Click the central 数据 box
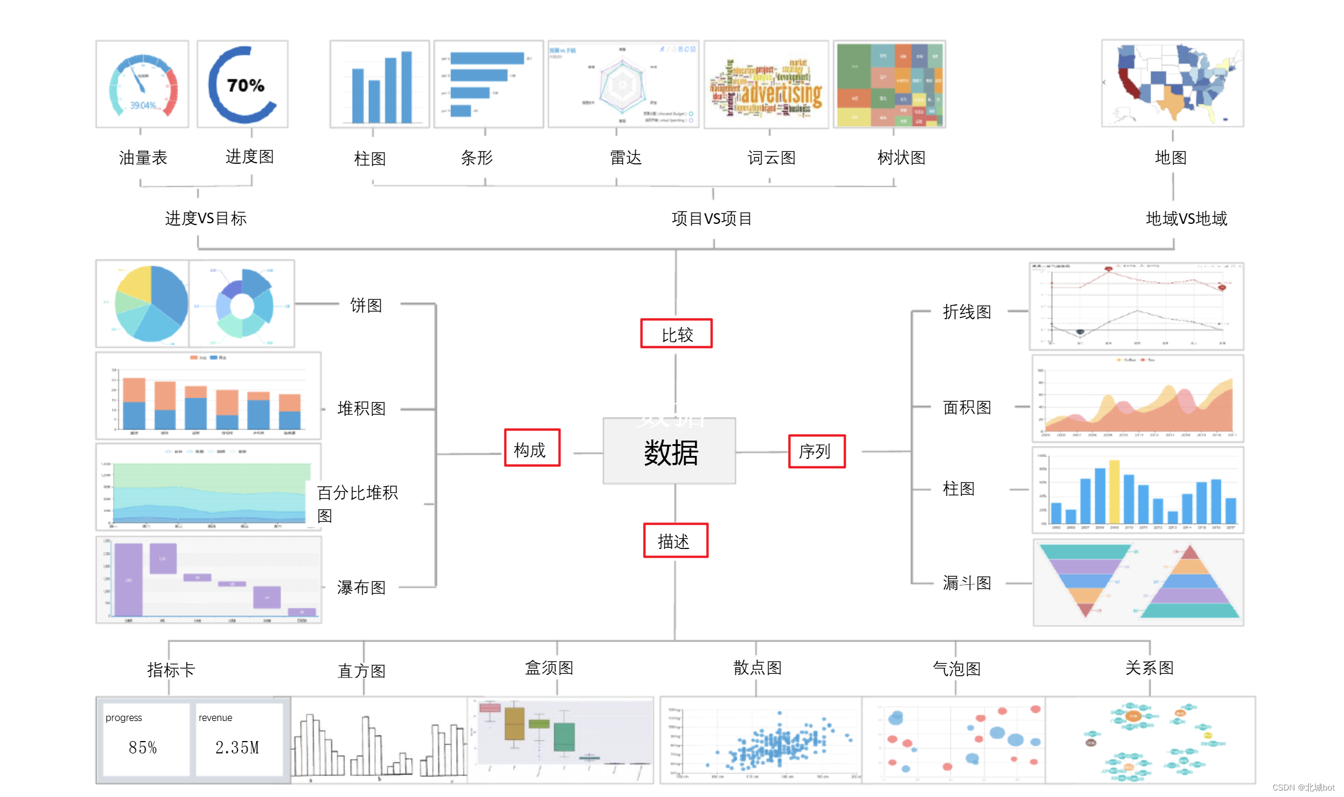click(669, 452)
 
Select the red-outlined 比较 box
click(676, 334)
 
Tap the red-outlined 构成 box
click(532, 448)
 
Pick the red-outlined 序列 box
click(816, 451)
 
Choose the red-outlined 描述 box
click(675, 540)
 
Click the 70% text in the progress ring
click(245, 85)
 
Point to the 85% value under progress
click(143, 747)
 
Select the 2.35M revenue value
click(237, 747)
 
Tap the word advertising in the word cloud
click(781, 93)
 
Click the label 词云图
click(771, 158)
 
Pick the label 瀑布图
click(361, 587)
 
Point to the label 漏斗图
click(967, 583)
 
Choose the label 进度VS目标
click(206, 219)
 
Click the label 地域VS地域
click(1186, 219)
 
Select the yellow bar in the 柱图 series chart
click(1114, 492)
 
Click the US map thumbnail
click(1172, 84)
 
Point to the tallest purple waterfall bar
click(128, 580)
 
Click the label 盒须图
click(549, 668)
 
